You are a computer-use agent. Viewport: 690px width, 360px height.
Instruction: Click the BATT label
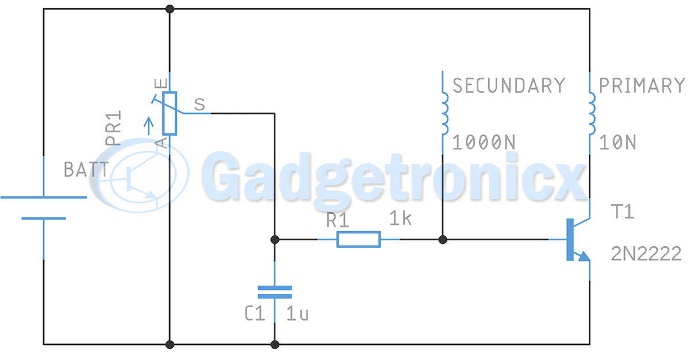click(x=86, y=170)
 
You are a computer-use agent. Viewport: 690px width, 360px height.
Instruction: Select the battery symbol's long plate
click(x=44, y=197)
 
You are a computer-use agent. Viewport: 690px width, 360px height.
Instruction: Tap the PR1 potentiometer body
click(x=170, y=113)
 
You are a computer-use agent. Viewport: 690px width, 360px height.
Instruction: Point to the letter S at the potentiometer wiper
click(x=200, y=105)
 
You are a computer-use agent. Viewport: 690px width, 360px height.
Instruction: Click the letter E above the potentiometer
click(x=164, y=83)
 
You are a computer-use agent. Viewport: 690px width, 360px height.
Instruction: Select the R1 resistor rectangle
click(x=358, y=239)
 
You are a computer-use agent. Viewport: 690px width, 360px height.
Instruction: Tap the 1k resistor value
click(x=400, y=219)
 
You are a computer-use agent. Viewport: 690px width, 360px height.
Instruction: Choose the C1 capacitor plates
click(x=274, y=292)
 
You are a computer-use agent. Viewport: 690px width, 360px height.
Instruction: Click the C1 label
click(x=255, y=314)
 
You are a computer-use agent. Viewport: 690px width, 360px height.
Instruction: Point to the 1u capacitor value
click(x=297, y=314)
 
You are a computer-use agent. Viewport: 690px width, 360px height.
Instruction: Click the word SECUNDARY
click(x=509, y=86)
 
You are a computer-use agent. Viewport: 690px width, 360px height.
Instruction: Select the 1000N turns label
click(x=484, y=142)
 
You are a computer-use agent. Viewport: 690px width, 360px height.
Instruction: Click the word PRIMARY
click(x=642, y=86)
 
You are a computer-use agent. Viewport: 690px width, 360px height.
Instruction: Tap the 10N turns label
click(x=618, y=142)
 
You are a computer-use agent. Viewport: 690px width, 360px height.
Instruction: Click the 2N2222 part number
click(x=646, y=254)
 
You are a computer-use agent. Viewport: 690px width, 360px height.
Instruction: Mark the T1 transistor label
click(x=622, y=212)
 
